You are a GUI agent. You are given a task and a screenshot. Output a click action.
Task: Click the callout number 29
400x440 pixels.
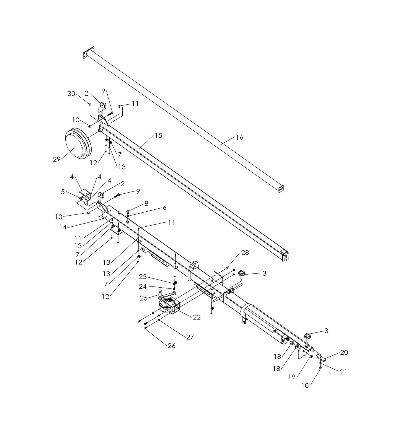click(x=56, y=159)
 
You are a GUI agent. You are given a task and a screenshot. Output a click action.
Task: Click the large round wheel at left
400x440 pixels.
click(x=76, y=144)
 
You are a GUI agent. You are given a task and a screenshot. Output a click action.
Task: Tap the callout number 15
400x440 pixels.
click(x=158, y=135)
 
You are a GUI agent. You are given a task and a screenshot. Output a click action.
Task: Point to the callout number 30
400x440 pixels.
click(x=71, y=94)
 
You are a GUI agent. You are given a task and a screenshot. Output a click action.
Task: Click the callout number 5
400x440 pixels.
click(x=63, y=192)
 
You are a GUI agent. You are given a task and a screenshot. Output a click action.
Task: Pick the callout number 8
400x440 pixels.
click(x=146, y=203)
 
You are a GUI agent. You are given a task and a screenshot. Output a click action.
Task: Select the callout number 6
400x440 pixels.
click(x=164, y=208)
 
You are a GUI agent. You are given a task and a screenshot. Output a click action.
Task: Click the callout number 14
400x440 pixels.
click(x=63, y=227)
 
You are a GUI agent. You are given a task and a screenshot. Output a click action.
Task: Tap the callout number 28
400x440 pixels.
click(x=245, y=252)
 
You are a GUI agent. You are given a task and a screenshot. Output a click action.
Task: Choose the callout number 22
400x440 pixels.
click(x=197, y=317)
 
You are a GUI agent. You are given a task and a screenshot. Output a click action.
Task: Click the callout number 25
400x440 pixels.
click(x=143, y=298)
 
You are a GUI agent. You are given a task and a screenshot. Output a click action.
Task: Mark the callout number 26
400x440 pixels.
click(x=172, y=346)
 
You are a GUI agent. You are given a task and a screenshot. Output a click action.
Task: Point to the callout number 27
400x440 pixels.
click(x=190, y=337)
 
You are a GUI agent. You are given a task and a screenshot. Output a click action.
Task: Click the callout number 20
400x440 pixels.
click(x=344, y=352)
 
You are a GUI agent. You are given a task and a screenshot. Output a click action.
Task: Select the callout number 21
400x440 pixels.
click(x=343, y=372)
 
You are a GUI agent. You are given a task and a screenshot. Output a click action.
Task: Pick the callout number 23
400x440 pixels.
click(x=143, y=277)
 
